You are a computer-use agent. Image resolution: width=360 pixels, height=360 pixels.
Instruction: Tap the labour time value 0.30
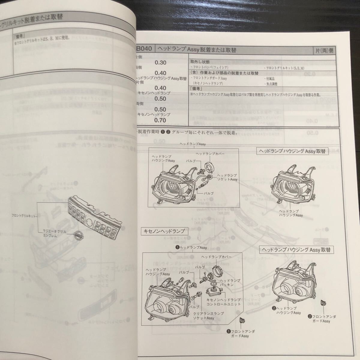160,63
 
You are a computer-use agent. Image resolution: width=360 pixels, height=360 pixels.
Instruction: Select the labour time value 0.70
160,120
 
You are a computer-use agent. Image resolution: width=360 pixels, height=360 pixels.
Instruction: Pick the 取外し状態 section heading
198,61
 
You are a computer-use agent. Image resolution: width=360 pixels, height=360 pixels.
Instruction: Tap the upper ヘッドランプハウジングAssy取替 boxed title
292,151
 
